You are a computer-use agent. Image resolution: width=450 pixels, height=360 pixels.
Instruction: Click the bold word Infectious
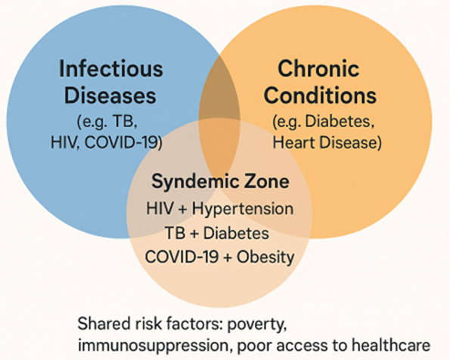111,68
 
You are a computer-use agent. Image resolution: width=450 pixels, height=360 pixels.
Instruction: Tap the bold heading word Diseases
110,95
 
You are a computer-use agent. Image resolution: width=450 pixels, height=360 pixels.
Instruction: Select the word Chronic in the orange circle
318,68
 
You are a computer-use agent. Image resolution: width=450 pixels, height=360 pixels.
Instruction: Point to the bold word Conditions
320,95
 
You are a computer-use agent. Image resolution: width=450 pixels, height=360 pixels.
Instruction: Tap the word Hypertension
243,209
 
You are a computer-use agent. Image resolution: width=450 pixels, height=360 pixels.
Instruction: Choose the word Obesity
265,257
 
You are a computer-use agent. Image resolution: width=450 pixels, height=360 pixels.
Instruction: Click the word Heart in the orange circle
294,142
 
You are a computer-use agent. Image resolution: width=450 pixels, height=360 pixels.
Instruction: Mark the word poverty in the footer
257,324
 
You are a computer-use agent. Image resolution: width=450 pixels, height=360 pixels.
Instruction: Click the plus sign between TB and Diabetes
194,234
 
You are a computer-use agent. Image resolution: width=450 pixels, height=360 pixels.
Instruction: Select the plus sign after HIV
183,209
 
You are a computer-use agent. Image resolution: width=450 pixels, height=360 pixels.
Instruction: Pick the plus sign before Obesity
228,258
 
